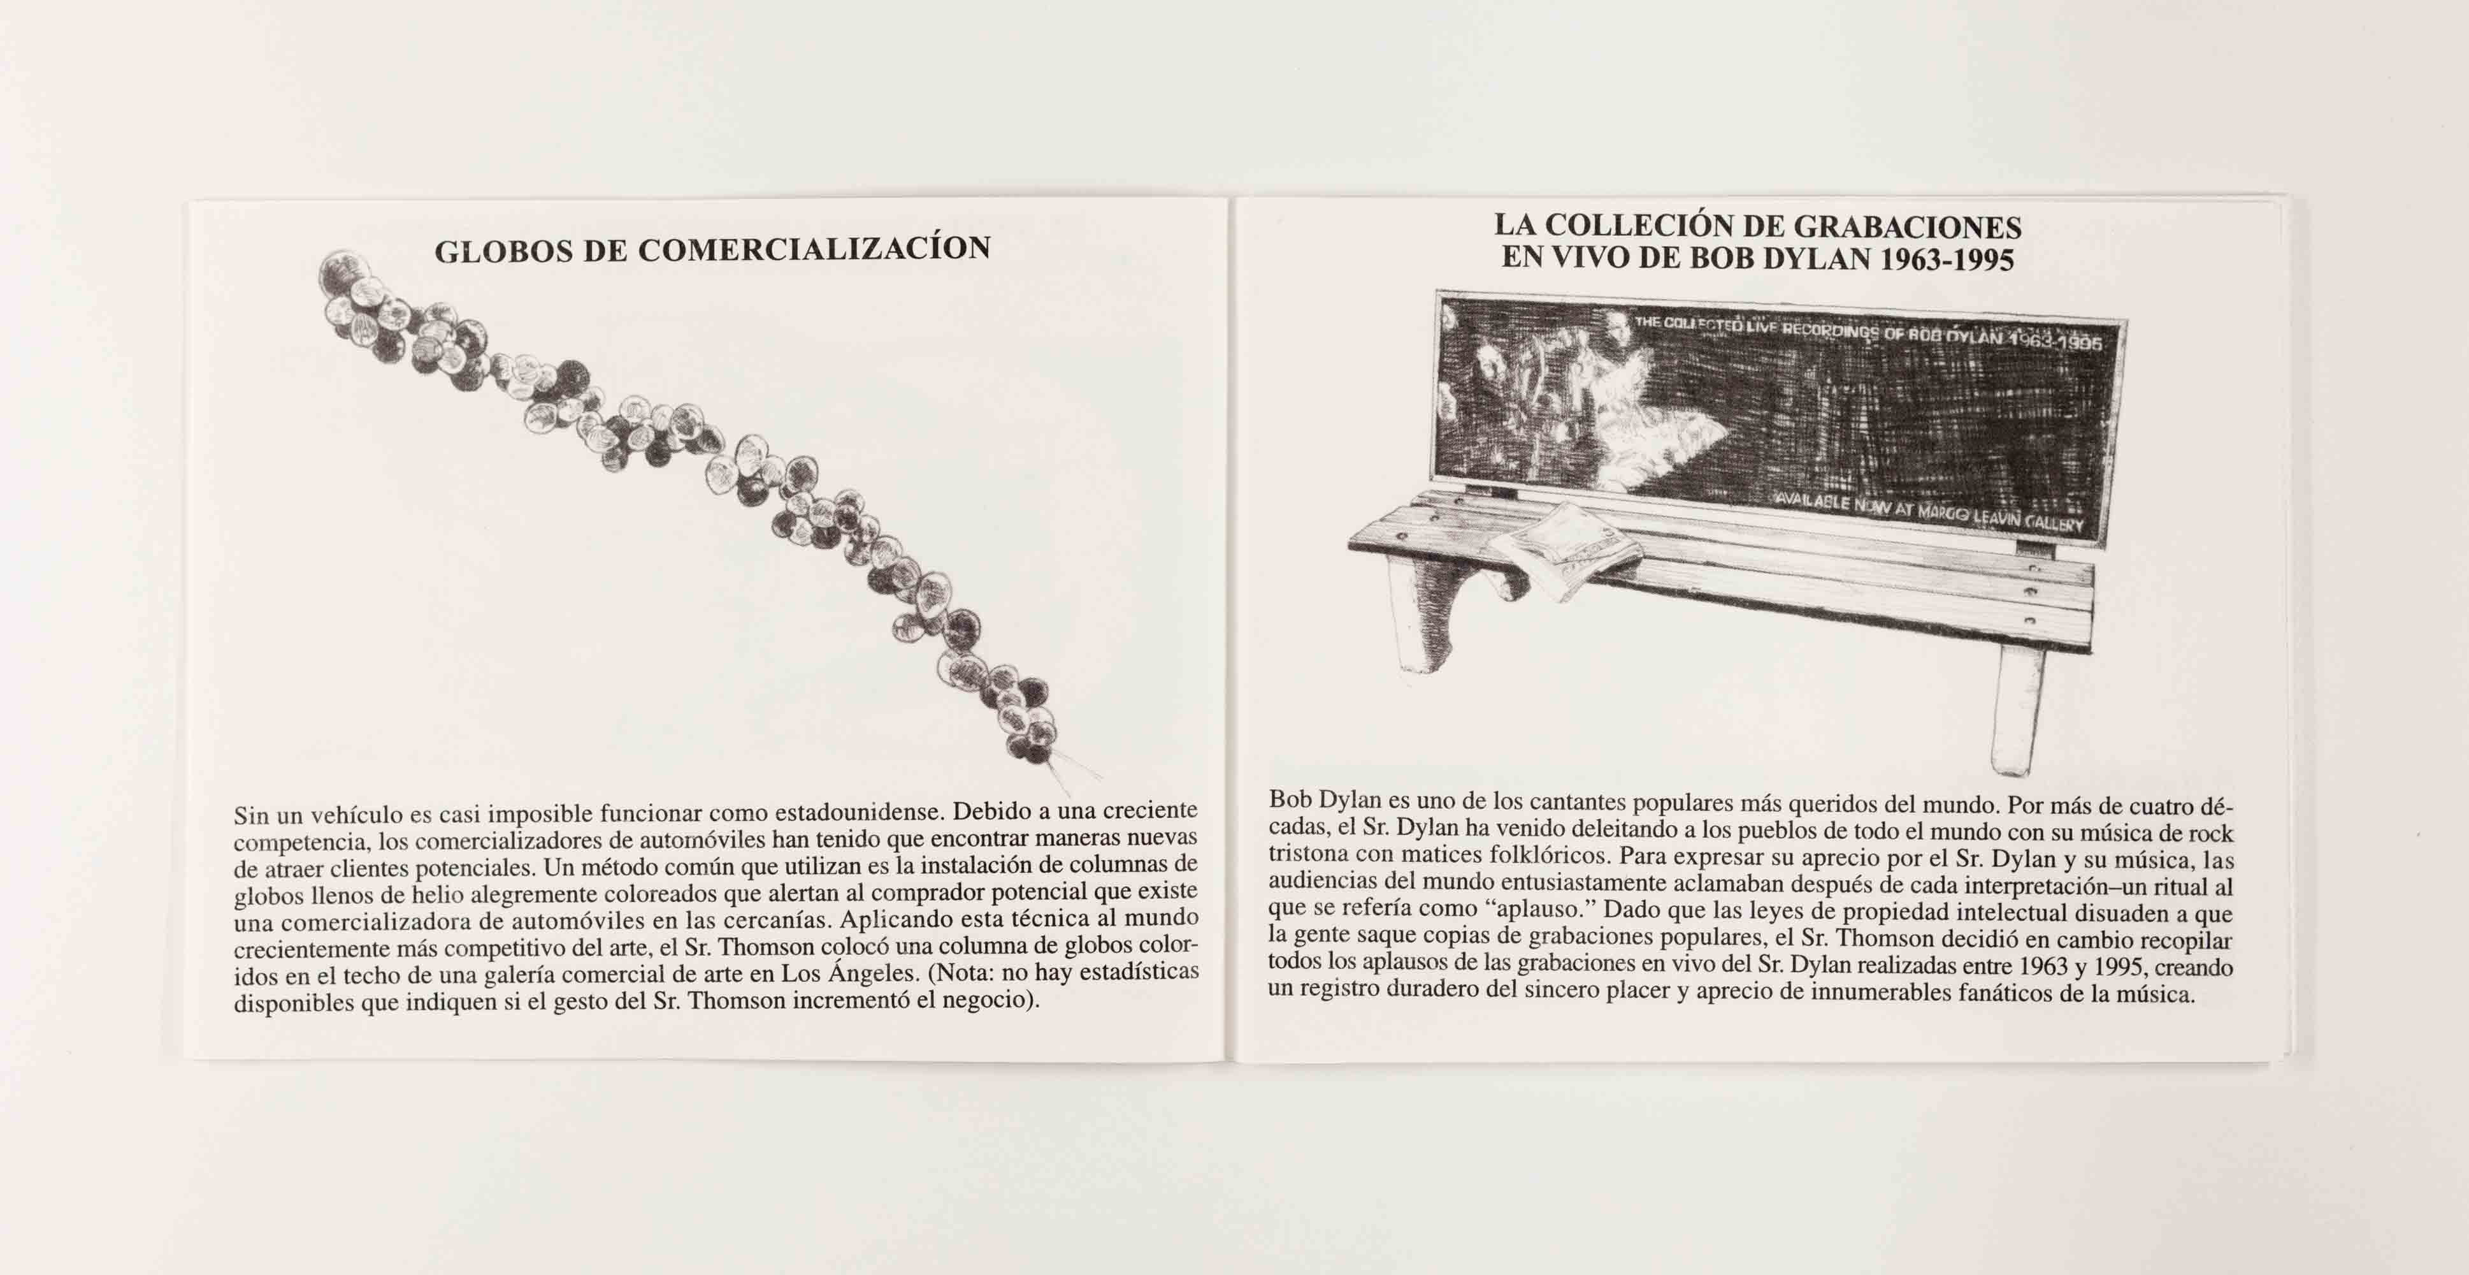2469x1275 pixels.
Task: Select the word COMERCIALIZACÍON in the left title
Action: tap(815, 249)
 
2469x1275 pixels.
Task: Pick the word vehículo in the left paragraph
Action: tap(350, 816)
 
